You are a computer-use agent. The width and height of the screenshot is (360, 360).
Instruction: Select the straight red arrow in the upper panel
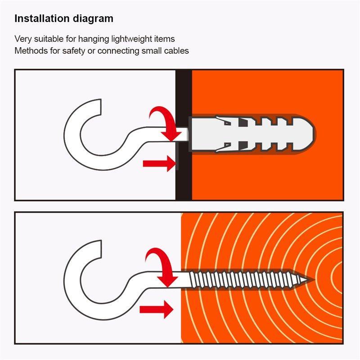(x=159, y=163)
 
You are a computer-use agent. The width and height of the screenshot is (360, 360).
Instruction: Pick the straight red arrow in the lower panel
(x=156, y=310)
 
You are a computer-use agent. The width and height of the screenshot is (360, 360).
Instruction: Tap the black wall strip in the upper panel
(x=184, y=135)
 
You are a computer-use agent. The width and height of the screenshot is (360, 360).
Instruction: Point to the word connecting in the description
(x=118, y=51)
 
